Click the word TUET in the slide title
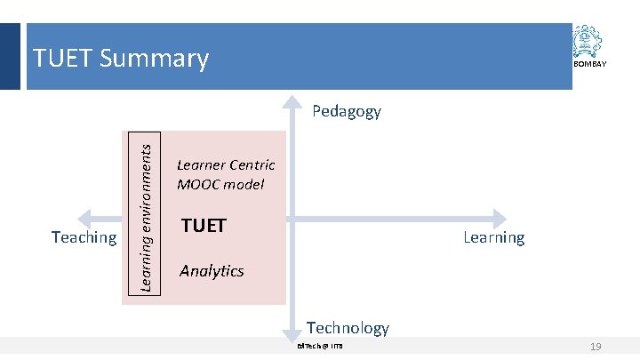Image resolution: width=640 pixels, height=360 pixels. coord(63,59)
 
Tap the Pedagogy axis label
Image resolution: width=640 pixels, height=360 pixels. coord(347,111)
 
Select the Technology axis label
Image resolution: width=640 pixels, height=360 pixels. coord(348,328)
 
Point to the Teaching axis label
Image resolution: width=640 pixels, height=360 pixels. coord(84,237)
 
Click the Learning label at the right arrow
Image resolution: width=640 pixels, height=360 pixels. coord(493,237)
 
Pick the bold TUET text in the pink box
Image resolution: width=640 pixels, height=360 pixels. coord(204,226)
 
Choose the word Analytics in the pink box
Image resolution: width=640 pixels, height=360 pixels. coord(212,271)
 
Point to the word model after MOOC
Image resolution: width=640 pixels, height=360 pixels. coord(245,185)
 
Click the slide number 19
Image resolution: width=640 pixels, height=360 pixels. coord(596,346)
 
